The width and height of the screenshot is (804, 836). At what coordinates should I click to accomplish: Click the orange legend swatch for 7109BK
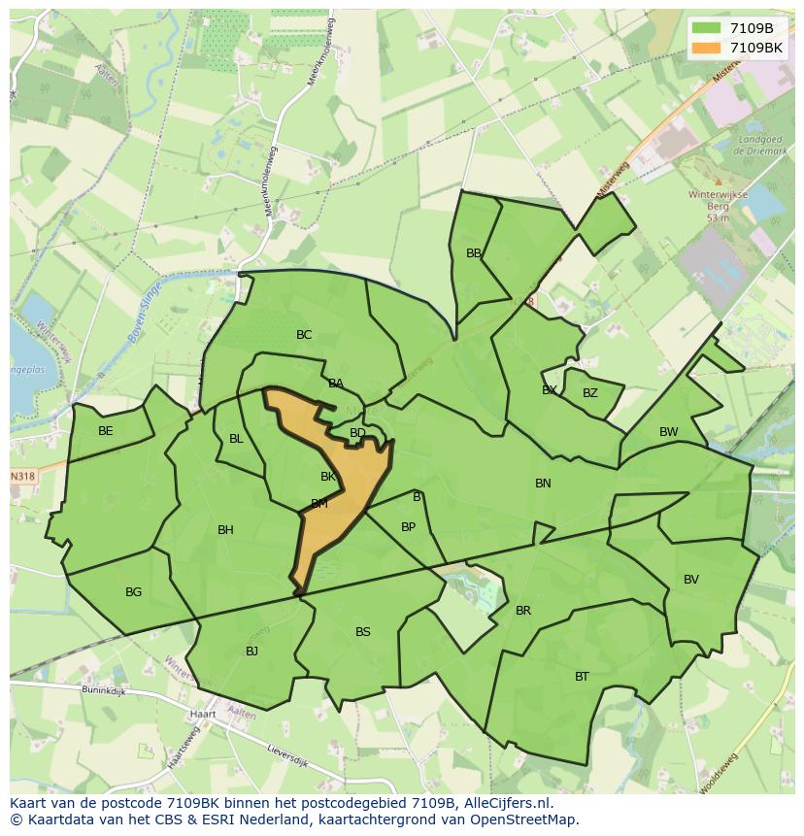[x=707, y=48]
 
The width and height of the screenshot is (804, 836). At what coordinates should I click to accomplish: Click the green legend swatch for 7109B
[x=707, y=28]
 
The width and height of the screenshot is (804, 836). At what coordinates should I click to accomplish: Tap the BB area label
[x=474, y=253]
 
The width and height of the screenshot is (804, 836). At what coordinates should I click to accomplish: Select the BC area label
[x=304, y=335]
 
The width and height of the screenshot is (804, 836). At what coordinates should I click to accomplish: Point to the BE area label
[x=106, y=431]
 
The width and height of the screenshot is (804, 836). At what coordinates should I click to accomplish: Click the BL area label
[x=236, y=439]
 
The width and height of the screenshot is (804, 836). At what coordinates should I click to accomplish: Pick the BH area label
[x=225, y=530]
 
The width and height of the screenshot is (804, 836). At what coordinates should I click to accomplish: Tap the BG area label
[x=133, y=592]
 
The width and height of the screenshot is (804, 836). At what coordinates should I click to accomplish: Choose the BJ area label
[x=251, y=652]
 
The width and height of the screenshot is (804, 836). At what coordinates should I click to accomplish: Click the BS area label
[x=362, y=632]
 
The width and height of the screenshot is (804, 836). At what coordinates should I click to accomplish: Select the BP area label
[x=408, y=527]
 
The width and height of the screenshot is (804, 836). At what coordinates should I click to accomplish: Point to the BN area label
[x=543, y=484]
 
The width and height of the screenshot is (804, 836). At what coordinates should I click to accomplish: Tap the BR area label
[x=523, y=611]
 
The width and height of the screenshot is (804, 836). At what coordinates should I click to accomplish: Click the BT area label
[x=582, y=677]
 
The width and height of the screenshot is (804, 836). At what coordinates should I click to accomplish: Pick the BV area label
[x=690, y=580]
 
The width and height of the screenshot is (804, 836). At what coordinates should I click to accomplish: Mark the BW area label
[x=669, y=432]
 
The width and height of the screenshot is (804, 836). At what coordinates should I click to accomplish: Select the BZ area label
[x=590, y=393]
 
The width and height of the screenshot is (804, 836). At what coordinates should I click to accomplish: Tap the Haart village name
[x=203, y=714]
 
